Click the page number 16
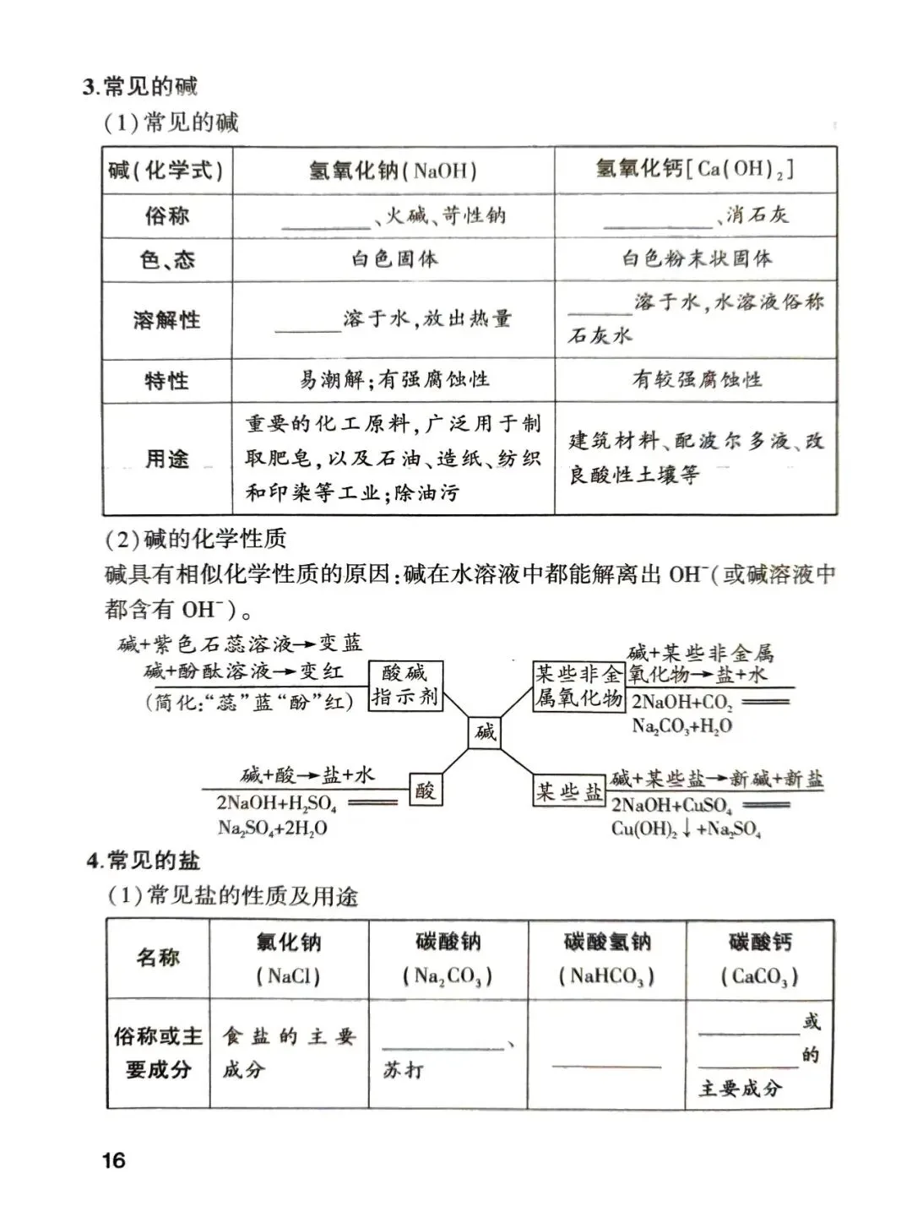[x=113, y=1160]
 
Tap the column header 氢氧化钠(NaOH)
[x=393, y=171]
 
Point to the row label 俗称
[x=166, y=216]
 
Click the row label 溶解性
[x=166, y=320]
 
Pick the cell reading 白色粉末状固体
[x=697, y=258]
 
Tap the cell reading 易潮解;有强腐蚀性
[x=394, y=380]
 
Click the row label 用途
[x=166, y=459]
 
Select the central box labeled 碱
[x=486, y=731]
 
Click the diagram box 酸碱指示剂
[x=405, y=685]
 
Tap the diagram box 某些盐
[x=570, y=791]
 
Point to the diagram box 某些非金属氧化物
[x=578, y=686]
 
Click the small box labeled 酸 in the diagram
[x=426, y=791]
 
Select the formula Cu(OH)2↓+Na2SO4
[x=686, y=829]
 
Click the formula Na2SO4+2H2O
[x=272, y=828]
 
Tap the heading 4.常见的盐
[x=143, y=861]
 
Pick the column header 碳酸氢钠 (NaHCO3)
[x=606, y=959]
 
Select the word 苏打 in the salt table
[x=403, y=1070]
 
